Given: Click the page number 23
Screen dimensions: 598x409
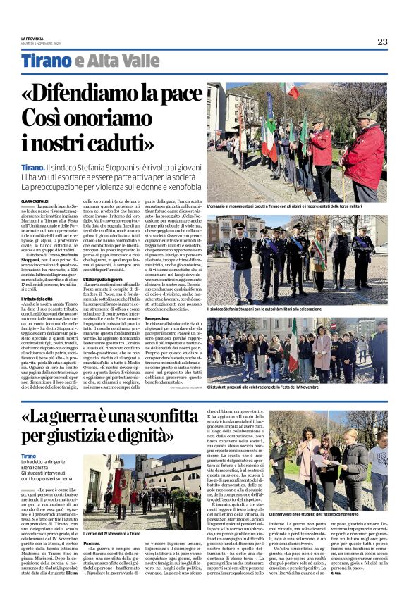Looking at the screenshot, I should tap(382, 42).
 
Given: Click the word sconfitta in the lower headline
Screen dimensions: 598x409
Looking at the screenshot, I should tap(160, 418).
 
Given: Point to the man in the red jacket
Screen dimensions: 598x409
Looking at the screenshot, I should tap(365, 155).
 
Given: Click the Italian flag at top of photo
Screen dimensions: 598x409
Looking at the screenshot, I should tap(291, 90).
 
